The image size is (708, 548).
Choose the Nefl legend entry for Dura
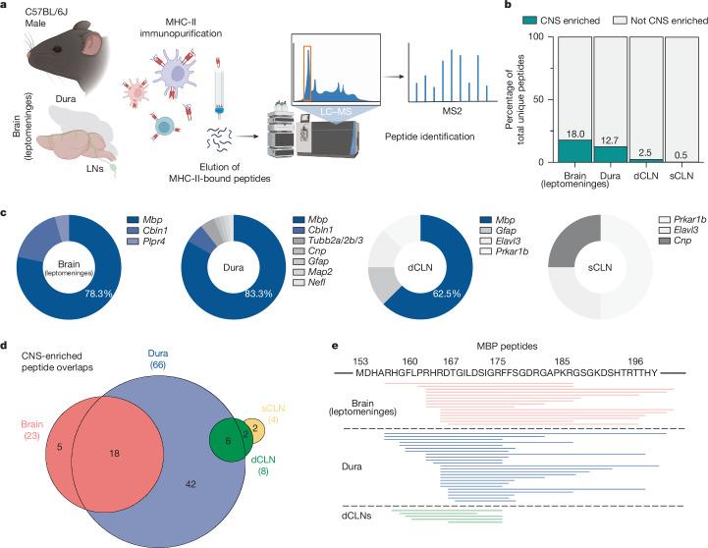[319, 281]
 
